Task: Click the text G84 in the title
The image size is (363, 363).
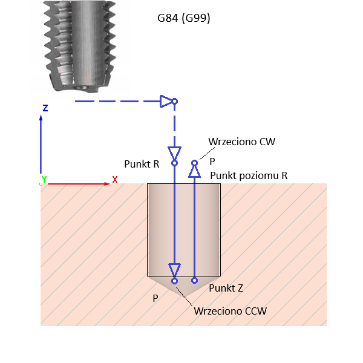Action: coord(168,18)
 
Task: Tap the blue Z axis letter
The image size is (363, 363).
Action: coord(45,108)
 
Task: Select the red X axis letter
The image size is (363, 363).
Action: coord(114,180)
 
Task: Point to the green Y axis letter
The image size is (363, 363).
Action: coord(44,180)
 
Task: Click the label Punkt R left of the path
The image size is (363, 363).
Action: coord(142,164)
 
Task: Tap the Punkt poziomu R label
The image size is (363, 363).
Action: coord(248,175)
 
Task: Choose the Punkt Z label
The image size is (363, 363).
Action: coord(226,288)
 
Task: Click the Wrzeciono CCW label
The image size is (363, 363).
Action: coord(230,311)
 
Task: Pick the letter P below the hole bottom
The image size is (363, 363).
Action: coord(155,298)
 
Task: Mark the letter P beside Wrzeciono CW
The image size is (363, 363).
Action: coord(212,162)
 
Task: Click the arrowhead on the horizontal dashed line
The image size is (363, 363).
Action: coord(166,101)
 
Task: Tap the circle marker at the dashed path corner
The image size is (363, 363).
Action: coord(174,101)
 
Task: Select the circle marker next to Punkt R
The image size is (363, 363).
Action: coord(174,162)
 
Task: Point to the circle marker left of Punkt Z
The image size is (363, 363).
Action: coord(194,280)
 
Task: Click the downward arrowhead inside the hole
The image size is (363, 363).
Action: coord(174,269)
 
